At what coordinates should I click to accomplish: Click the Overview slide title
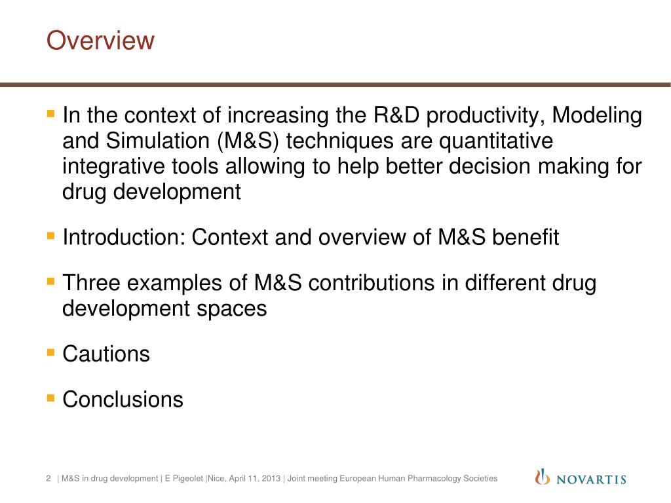(100, 41)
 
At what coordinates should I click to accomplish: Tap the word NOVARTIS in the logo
(591, 479)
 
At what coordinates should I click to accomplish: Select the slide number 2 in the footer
(48, 479)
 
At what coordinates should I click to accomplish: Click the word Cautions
(106, 354)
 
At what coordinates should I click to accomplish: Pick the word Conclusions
(123, 400)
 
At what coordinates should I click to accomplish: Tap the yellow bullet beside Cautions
(51, 353)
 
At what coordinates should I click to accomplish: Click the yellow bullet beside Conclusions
(51, 398)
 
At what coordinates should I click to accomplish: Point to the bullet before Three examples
(51, 282)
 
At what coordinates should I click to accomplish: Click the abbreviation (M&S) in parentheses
(243, 141)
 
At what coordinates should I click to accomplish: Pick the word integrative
(115, 166)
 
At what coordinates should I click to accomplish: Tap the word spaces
(237, 308)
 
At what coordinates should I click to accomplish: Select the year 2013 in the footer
(271, 479)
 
